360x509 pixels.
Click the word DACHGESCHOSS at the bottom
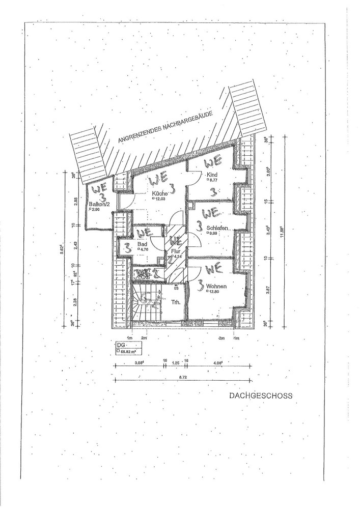(261, 395)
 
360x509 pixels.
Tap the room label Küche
(157, 194)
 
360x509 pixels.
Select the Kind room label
(211, 175)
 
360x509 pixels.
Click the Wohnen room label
(216, 286)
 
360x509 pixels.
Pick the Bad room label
(142, 244)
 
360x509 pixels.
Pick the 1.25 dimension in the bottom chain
(176, 363)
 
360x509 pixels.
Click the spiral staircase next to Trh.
(146, 303)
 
